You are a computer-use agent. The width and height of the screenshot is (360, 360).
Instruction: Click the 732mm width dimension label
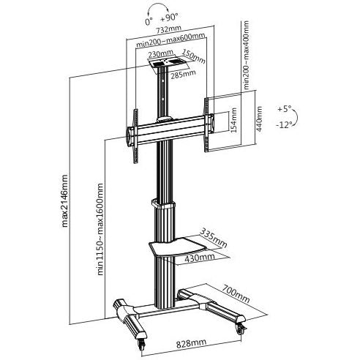pos(169,29)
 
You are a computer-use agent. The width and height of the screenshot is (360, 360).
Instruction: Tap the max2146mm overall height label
pos(64,200)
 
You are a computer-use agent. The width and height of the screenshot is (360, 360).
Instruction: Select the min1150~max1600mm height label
pos(100,229)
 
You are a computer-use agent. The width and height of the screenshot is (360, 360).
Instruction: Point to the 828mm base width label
pos(191,343)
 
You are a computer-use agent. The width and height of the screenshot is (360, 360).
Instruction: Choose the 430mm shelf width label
pos(200,258)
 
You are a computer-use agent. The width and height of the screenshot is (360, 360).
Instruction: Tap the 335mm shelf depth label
pos(213,238)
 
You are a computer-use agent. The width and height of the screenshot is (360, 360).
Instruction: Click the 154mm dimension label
pos(234,120)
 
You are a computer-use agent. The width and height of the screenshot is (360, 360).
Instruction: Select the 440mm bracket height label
pos(260,119)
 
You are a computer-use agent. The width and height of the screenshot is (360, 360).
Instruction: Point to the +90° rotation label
pos(169,18)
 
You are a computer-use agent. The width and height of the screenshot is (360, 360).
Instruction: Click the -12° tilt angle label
pos(284,125)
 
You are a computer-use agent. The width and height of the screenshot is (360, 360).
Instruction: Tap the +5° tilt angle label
pos(285,109)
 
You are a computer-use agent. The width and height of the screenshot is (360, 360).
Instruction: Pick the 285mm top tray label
pos(183,74)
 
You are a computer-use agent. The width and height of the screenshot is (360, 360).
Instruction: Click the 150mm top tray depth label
pos(194,56)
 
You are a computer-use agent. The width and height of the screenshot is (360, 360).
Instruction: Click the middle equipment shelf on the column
pos(178,247)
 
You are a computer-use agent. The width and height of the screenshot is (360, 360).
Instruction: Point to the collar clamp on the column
pos(163,204)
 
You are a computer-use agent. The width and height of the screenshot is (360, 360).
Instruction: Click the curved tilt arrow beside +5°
pos(296,118)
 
